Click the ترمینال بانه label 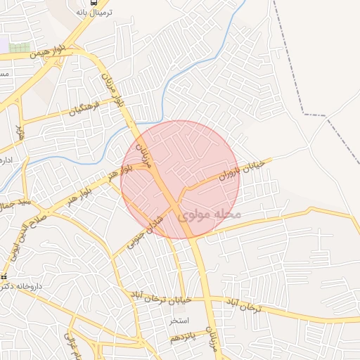pyautogui.click(x=94, y=13)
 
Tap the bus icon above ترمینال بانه pyautogui.click(x=94, y=2)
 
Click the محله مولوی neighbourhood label pyautogui.click(x=210, y=214)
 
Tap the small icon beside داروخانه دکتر pyautogui.click(x=4, y=276)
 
